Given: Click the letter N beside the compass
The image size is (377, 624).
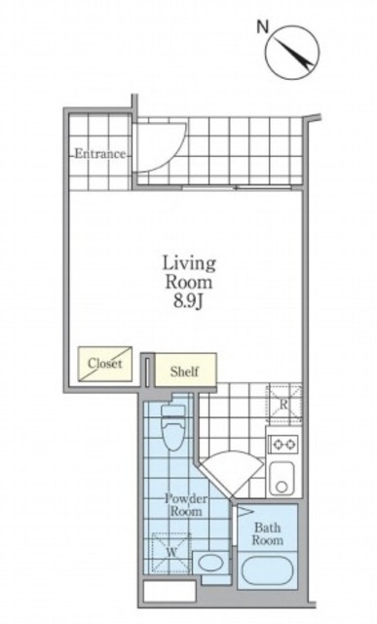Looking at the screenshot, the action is pyautogui.click(x=262, y=27).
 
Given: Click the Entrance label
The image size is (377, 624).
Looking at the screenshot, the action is pyautogui.click(x=99, y=154).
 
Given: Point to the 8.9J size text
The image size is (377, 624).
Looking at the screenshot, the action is pyautogui.click(x=188, y=301).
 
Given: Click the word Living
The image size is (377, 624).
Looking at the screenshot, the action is pyautogui.click(x=189, y=264).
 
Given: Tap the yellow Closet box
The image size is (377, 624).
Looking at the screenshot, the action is pyautogui.click(x=105, y=364).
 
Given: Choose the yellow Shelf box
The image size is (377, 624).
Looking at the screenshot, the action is pyautogui.click(x=185, y=370).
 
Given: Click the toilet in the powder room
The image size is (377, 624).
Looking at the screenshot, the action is pyautogui.click(x=173, y=427).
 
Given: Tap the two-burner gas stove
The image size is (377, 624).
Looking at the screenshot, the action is pyautogui.click(x=283, y=444).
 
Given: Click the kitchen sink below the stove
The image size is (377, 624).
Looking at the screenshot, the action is pyautogui.click(x=282, y=478).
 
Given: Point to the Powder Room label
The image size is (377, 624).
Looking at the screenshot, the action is pyautogui.click(x=186, y=505).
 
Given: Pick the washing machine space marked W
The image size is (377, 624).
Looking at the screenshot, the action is pyautogui.click(x=171, y=553).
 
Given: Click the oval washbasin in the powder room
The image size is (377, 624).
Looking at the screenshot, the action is pyautogui.click(x=210, y=563).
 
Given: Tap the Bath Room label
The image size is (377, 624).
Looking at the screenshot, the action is pyautogui.click(x=267, y=534).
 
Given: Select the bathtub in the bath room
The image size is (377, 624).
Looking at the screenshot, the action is pyautogui.click(x=267, y=569).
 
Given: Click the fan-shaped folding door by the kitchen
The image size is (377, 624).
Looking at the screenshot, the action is pyautogui.click(x=232, y=473).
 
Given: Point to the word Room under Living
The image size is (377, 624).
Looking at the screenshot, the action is pyautogui.click(x=189, y=282).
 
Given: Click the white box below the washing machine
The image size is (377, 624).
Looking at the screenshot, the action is pyautogui.click(x=170, y=591).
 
